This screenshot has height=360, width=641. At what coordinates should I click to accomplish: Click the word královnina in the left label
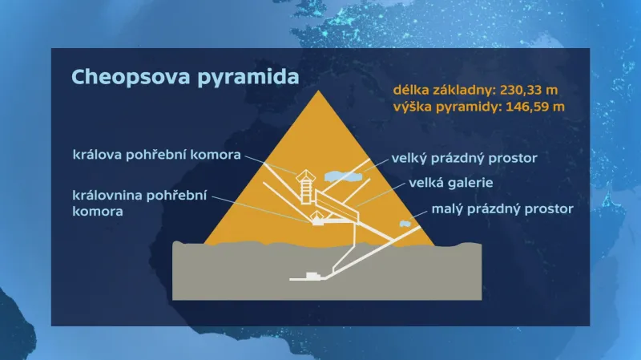(111, 196)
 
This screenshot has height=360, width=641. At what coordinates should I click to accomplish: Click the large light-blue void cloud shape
(343, 175)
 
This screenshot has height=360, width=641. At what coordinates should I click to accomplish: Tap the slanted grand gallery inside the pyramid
(337, 205)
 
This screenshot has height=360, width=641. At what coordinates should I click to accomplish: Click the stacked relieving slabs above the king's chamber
(305, 189)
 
